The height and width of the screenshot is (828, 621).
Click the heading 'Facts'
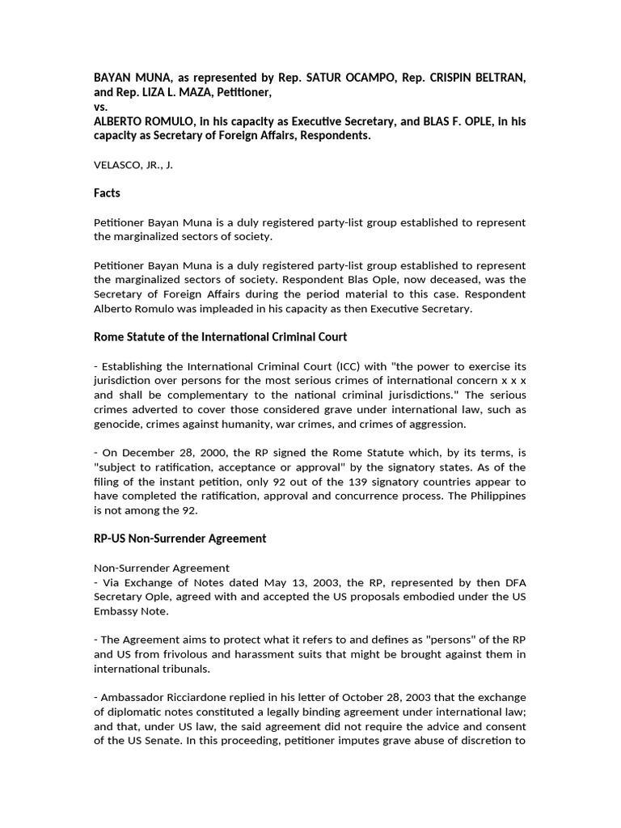click(x=108, y=193)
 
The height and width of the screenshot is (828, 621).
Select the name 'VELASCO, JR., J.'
click(x=133, y=165)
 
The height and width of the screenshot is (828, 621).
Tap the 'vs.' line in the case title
click(x=101, y=106)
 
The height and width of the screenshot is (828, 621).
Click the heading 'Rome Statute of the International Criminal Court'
click(x=221, y=336)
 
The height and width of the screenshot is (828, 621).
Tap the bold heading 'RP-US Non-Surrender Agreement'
click(x=180, y=538)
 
